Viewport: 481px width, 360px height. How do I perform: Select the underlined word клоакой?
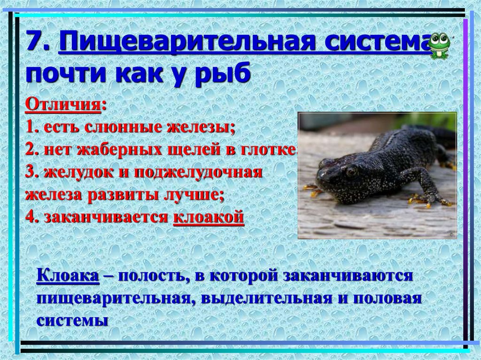pyautogui.click(x=209, y=217)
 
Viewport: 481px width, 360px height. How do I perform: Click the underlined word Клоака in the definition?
pyautogui.click(x=68, y=276)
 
